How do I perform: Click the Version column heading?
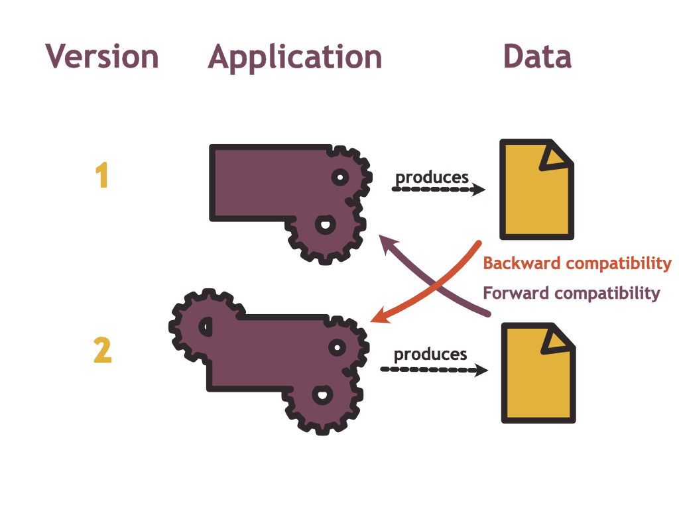coord(102,57)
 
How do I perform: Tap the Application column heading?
coord(295,57)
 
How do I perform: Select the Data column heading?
coord(537,57)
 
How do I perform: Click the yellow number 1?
coord(101,176)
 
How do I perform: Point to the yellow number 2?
coord(102,351)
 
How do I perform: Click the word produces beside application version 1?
coord(432,178)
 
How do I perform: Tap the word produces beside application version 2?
coord(431,355)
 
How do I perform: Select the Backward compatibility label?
coord(577,263)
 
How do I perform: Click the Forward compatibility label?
coord(571,293)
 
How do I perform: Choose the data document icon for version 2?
coord(537,374)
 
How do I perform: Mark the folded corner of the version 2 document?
coord(558,339)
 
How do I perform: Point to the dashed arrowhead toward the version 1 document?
coord(479,190)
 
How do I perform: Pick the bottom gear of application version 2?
coord(322,398)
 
